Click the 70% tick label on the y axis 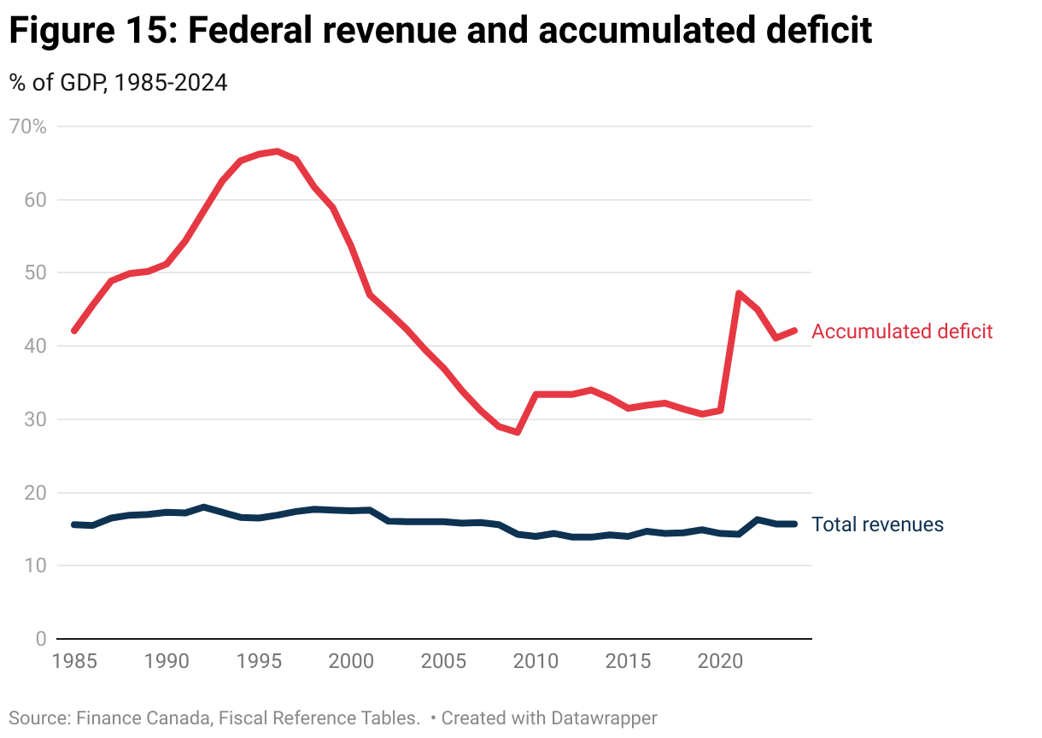point(27,127)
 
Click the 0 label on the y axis point(39,639)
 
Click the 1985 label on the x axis point(73,661)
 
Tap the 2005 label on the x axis point(442,661)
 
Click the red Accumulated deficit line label point(902,331)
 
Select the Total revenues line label point(877,524)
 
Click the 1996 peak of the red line point(277,151)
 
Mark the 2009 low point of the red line point(517,432)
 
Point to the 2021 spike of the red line point(738,293)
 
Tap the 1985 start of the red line point(74,331)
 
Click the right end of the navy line point(794,524)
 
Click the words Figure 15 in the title point(86,32)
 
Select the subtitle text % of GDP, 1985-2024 point(118,83)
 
